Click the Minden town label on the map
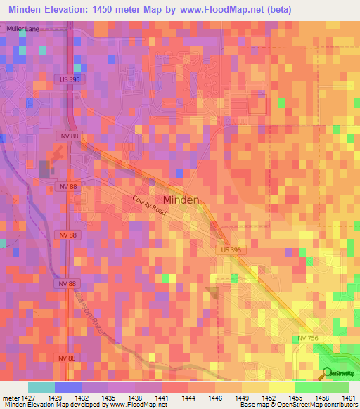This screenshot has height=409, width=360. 181,200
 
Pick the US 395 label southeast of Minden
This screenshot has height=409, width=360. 226,250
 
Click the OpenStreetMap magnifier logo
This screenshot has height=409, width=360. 327,374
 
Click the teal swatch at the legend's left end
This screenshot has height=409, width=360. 41,387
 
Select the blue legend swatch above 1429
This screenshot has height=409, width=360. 68,387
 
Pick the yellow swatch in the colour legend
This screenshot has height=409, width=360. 281,387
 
